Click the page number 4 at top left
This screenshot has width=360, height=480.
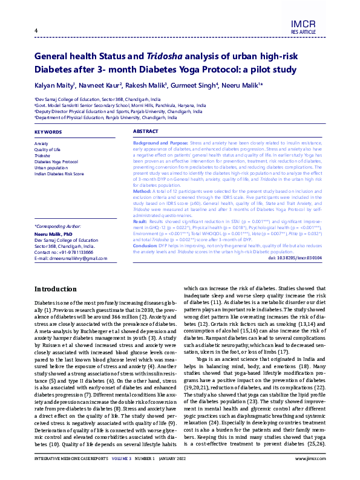pyautogui.click(x=36, y=31)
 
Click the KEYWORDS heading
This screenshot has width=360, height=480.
pyautogui.click(x=48, y=131)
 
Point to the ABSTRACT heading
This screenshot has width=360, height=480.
pyautogui.click(x=145, y=131)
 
